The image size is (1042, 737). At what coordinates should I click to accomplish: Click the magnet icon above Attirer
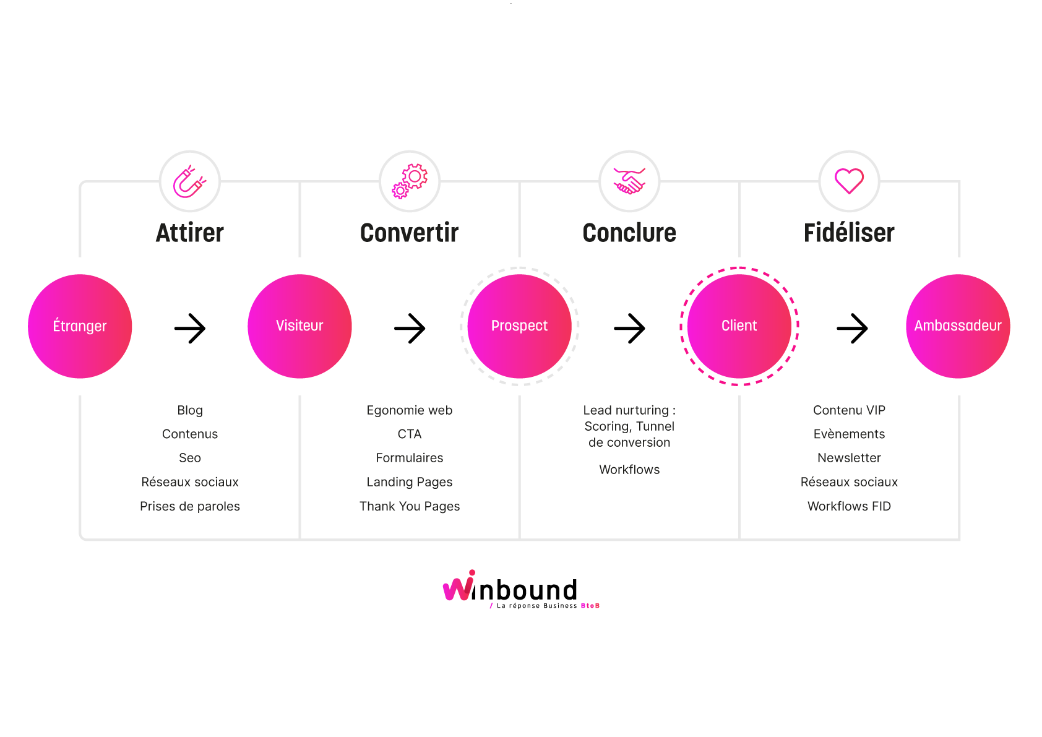189,181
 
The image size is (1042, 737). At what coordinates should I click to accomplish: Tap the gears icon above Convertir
410,181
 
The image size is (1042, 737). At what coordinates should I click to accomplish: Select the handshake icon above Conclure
629,181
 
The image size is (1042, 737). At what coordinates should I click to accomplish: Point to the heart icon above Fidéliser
849,181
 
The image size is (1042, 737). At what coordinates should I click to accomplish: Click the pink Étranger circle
80,326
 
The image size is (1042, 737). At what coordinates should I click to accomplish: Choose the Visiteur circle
299,326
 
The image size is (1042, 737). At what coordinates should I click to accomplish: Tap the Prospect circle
519,326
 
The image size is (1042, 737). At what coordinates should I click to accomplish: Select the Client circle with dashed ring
739,326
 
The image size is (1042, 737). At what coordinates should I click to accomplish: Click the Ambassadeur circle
958,326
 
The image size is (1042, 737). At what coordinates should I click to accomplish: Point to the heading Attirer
189,233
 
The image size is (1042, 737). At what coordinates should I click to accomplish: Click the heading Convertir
410,233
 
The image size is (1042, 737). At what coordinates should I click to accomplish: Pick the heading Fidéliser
849,233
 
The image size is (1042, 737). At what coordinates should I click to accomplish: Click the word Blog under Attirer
189,410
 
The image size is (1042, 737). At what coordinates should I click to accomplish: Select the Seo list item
189,458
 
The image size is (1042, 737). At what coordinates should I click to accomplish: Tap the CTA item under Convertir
410,434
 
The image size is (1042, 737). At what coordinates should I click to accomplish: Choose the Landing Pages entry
410,482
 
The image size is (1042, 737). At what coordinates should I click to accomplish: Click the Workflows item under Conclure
629,470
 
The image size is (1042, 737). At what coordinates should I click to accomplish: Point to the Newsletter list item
849,458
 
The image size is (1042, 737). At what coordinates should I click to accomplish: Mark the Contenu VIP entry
849,410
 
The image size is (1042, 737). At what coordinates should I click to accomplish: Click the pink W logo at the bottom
459,586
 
